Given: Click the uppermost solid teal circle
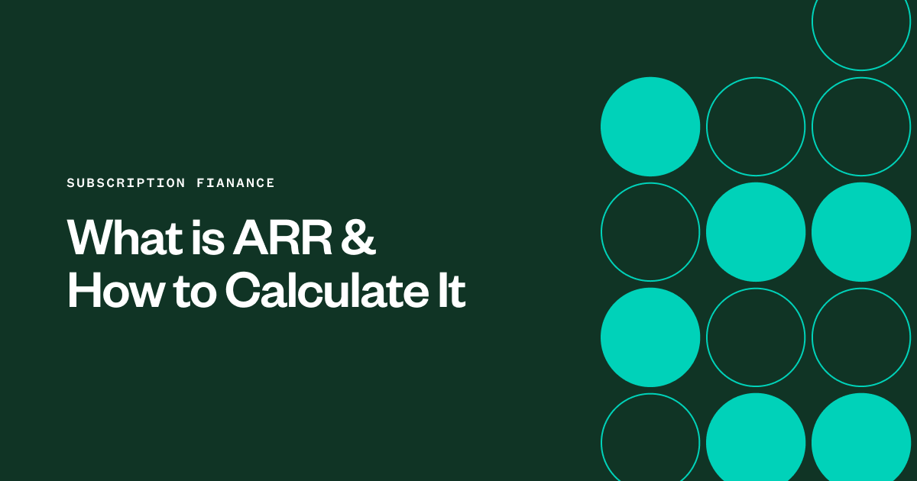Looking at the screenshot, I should [650, 127].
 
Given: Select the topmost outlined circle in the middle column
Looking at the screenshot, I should [756, 127].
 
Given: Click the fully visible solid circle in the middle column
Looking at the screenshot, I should [756, 232].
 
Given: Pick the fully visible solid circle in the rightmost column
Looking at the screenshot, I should [860, 232].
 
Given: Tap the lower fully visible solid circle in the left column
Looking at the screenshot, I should [650, 337].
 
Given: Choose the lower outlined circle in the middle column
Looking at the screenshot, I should [756, 337].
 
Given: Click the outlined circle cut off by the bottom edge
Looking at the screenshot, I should [650, 440].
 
